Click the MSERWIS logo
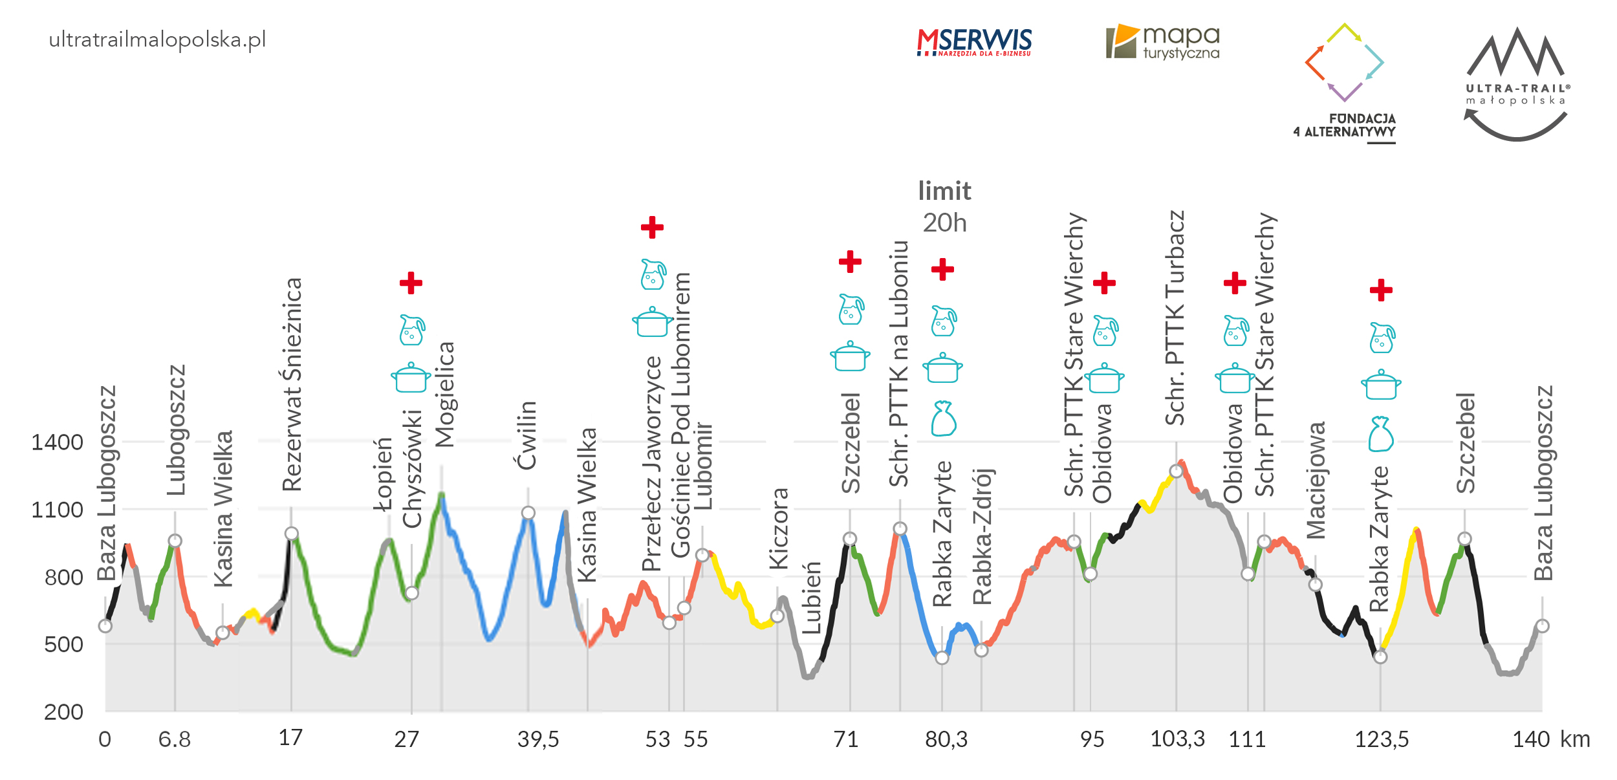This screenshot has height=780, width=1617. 974,42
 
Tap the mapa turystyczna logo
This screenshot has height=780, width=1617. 1162,43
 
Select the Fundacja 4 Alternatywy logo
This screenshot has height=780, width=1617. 1345,81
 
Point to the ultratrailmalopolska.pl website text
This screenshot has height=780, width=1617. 157,40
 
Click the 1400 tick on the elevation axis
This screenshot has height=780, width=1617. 58,443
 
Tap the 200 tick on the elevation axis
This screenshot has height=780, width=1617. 63,712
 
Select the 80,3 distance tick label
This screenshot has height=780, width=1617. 946,739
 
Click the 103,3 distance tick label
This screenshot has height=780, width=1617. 1177,739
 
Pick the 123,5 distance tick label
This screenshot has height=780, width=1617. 1382,739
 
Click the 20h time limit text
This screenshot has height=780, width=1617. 944,222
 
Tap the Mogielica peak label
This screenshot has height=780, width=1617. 445,395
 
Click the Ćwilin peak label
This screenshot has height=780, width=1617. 527,435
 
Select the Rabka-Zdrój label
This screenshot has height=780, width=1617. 982,537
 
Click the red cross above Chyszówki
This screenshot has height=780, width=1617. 411,283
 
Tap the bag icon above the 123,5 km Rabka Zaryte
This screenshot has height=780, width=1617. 1381,434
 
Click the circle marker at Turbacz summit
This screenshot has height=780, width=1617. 1176,471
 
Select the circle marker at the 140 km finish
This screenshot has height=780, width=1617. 1542,626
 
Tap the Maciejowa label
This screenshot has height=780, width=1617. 1316,481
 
